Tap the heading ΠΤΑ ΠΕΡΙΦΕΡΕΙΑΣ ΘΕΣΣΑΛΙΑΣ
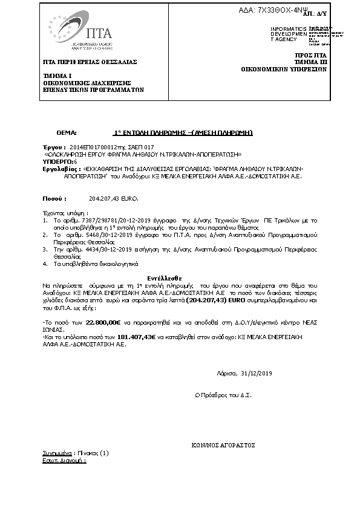[90, 62]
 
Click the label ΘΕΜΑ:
[67, 132]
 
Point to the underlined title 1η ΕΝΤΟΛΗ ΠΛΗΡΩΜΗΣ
[183, 132]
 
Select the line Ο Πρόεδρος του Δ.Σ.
[222, 395]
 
